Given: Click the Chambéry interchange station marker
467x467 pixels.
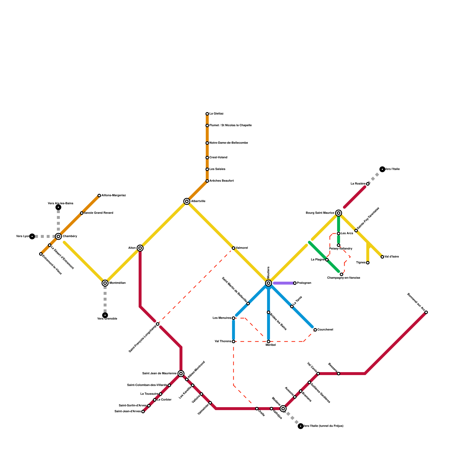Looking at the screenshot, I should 58,236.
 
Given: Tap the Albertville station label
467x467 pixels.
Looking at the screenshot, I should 198,201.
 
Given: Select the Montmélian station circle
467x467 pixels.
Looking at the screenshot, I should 105,283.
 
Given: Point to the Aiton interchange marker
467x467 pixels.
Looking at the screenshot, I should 140,248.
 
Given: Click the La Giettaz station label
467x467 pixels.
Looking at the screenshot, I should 217,114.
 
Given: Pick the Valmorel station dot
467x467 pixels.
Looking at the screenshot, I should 233,248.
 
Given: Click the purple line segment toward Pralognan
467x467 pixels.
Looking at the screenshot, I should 283,283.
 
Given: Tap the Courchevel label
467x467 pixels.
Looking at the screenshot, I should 325,330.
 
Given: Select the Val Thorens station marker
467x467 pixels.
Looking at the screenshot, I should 233,341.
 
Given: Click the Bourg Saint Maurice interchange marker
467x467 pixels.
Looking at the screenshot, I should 339,213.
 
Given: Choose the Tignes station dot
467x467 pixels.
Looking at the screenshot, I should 368,263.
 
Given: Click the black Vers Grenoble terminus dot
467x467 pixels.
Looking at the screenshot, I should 105,315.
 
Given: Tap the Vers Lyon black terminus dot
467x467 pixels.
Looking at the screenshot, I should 32,236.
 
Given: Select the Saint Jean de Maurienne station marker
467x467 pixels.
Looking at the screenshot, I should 181,374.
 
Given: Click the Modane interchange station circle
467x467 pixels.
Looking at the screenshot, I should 283,409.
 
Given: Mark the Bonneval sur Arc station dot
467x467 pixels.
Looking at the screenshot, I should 426,312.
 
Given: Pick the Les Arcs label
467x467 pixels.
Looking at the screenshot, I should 347,233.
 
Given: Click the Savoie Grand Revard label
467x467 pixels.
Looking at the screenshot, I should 98,213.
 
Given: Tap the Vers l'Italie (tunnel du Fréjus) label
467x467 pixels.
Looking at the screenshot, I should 323,426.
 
